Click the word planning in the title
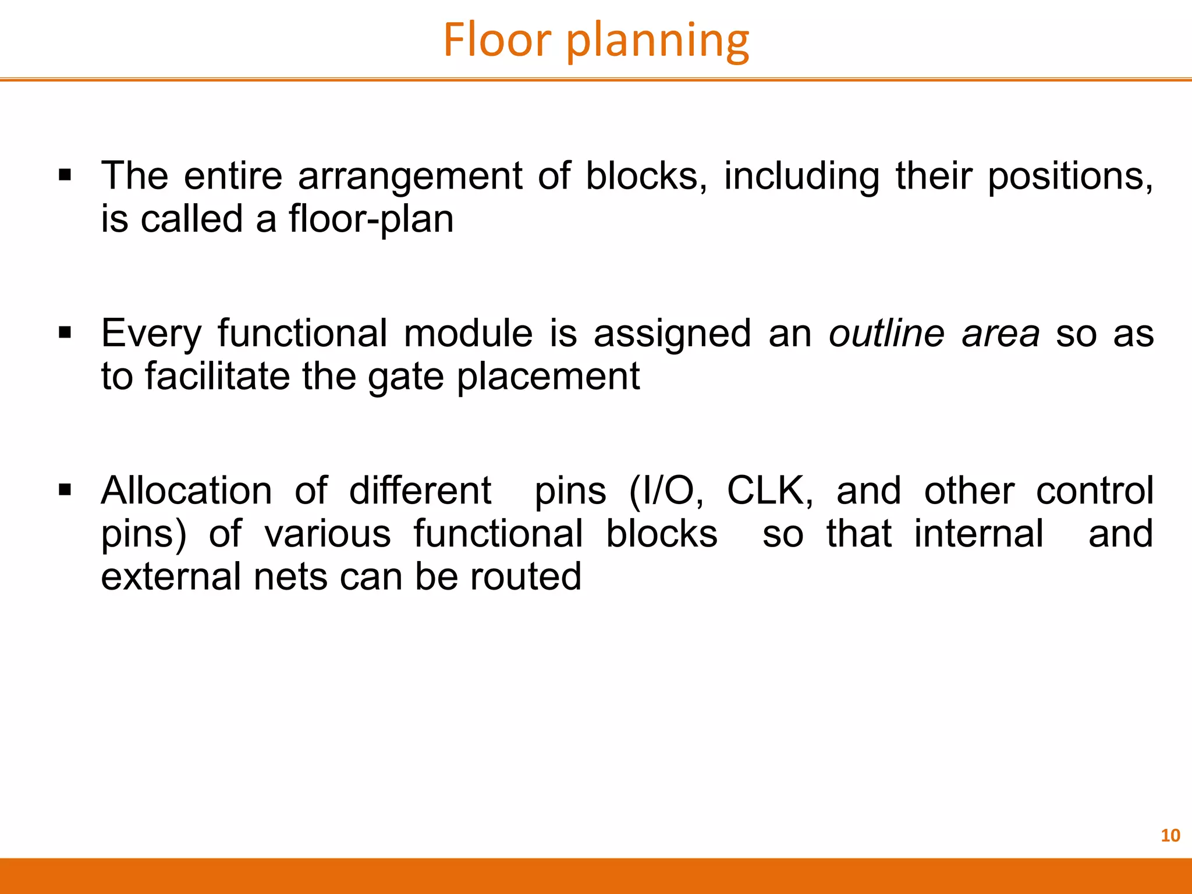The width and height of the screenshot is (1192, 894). pos(658,42)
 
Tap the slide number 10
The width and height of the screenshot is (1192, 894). pos(1170,836)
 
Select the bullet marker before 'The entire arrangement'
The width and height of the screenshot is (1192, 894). pos(65,175)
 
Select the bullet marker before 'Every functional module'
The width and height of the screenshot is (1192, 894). pos(65,333)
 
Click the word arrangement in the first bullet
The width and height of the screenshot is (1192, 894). pos(410,177)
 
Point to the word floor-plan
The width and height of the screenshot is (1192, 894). pos(371,219)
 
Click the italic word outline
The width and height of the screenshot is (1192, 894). pos(886,334)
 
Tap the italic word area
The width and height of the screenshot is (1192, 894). pos(1001,335)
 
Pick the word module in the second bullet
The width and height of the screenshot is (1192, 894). pos(468,334)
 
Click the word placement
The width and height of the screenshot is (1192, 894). pos(548,377)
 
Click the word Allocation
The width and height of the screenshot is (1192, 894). pos(186,490)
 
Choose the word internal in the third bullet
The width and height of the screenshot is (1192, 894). pos(978,534)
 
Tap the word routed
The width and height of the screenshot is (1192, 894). pos(526,577)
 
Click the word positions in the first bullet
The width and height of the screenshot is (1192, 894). pos(1070,177)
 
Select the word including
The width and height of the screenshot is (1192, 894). pos(801,177)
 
